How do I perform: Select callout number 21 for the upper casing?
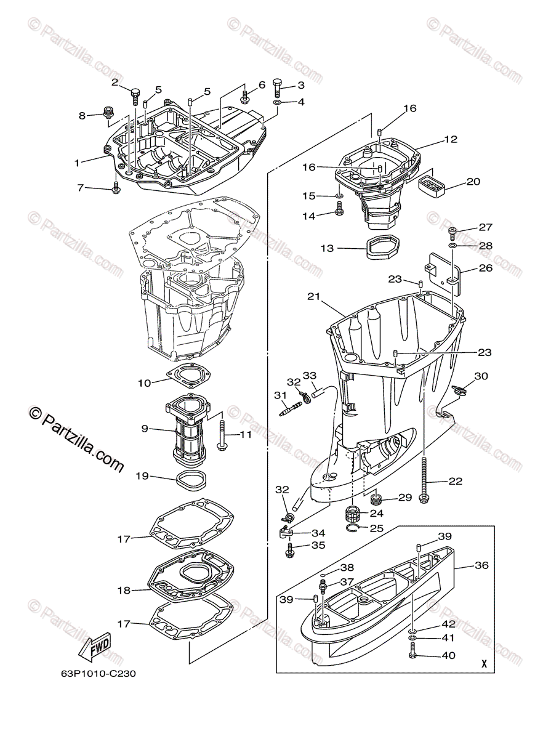(314, 297)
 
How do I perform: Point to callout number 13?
(327, 248)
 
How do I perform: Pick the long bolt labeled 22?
(424, 480)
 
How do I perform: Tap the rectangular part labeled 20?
(431, 185)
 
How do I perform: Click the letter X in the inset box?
(485, 664)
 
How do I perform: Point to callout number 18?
(124, 590)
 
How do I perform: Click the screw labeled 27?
(452, 233)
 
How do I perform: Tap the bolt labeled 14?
(339, 213)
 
